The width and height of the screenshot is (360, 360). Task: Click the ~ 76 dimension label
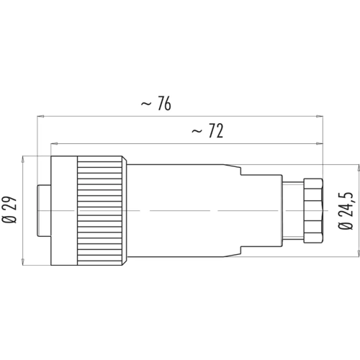point(156,104)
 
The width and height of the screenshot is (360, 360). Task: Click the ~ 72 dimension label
point(207,131)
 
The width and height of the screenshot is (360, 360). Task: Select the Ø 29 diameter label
point(9,210)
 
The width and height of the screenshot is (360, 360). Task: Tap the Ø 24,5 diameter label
point(346,211)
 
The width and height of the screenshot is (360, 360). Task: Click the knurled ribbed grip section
point(99,210)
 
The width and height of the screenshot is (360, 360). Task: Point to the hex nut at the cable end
point(313,210)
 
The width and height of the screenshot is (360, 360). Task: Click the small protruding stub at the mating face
point(44,211)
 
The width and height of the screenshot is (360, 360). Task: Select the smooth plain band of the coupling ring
point(64,210)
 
